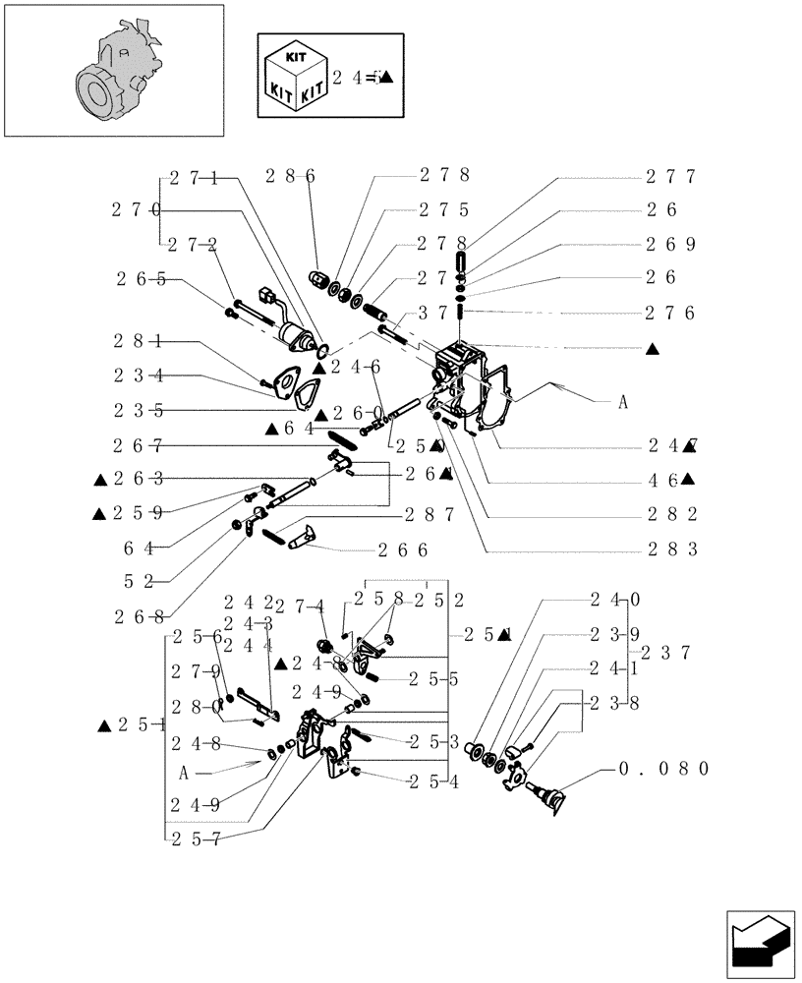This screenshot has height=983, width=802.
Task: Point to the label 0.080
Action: click(662, 769)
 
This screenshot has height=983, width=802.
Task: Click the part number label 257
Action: click(195, 838)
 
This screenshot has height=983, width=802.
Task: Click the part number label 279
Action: click(195, 671)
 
